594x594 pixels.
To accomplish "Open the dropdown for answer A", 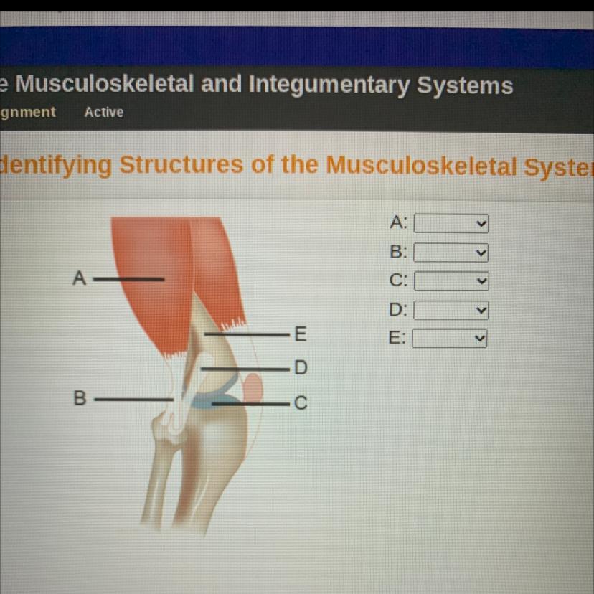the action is [x=451, y=224].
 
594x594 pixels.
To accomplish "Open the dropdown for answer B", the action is [x=451, y=253].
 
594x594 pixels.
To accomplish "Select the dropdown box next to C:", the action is [x=451, y=281].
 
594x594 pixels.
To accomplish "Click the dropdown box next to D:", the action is [x=451, y=310].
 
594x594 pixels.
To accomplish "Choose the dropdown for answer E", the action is [x=450, y=339].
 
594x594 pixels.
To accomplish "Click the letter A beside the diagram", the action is [x=80, y=278].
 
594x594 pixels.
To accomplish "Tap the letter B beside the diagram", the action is [x=80, y=398].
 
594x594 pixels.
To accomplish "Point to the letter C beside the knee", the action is [x=301, y=402].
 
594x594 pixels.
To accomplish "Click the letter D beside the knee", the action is [x=301, y=367].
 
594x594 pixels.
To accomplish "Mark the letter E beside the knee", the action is [x=301, y=334].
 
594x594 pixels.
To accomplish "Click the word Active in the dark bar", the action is [x=104, y=112].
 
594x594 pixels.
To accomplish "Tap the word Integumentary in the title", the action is [x=329, y=85].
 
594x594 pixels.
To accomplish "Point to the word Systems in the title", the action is [x=465, y=85].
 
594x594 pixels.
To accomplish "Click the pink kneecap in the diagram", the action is [x=253, y=387].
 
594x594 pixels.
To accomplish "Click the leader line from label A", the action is [x=129, y=280].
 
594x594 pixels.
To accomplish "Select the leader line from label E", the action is [x=247, y=334].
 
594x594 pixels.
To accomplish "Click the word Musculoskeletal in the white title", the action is [x=105, y=84].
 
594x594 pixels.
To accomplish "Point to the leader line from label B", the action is [x=133, y=400].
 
